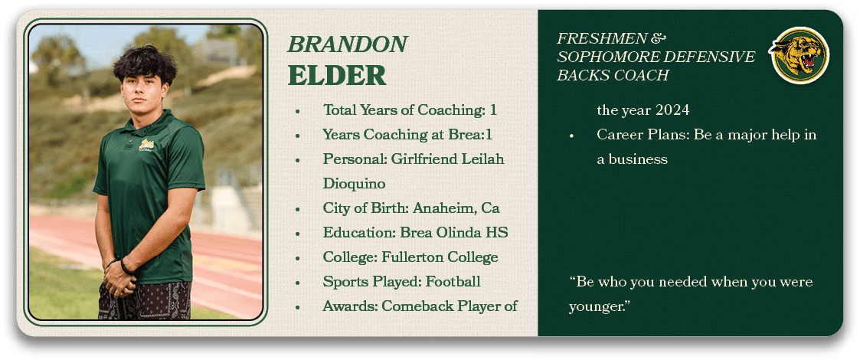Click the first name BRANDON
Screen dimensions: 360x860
[x=347, y=44]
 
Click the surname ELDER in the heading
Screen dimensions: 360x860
[x=337, y=76]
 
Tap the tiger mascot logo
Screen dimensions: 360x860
[x=799, y=55]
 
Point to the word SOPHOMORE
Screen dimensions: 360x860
[x=602, y=57]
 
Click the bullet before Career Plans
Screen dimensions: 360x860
[x=571, y=136]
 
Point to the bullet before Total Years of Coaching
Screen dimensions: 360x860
[x=297, y=111]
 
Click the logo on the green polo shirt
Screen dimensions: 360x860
[x=146, y=145]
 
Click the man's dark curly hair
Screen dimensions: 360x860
[x=145, y=64]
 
